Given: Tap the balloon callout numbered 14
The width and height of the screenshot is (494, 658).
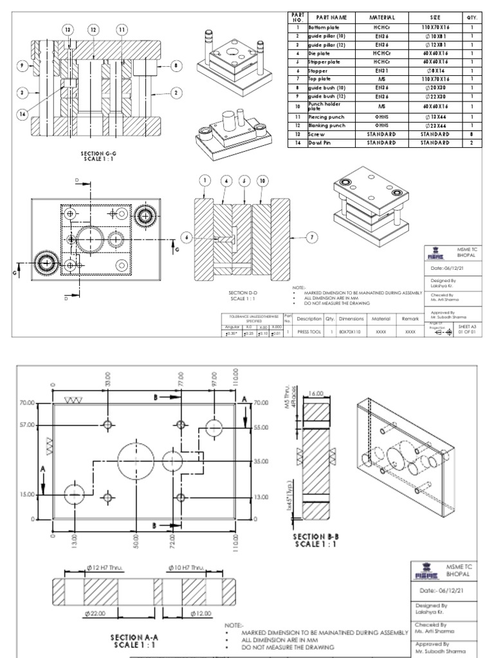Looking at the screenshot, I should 24,113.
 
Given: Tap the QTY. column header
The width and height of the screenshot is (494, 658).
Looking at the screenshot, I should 471,17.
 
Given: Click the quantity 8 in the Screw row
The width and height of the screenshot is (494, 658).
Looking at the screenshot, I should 471,134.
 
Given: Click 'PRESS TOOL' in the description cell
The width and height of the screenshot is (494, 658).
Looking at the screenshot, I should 305,332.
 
